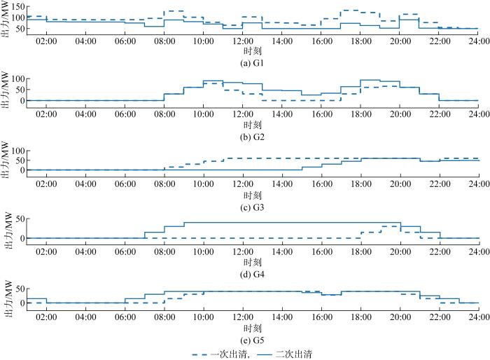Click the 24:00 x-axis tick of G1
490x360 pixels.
479,42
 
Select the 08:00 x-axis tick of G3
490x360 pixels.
164,184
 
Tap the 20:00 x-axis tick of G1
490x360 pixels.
400,42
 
